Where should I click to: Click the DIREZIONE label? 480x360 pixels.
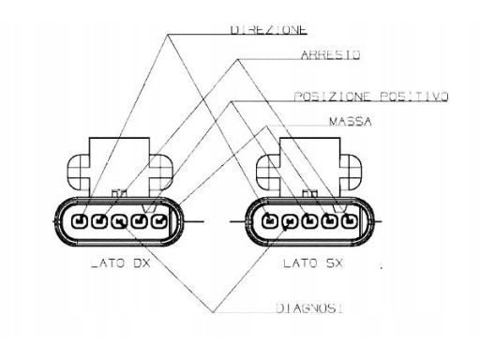[268, 29]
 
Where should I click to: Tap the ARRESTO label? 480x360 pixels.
[330, 55]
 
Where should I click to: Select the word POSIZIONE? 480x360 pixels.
[333, 97]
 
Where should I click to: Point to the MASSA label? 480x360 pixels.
[351, 122]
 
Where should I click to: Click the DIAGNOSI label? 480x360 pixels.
[309, 308]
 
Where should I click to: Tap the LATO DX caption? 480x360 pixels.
[120, 263]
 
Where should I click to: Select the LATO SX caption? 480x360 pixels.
[313, 263]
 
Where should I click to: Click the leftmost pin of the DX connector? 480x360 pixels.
[80, 221]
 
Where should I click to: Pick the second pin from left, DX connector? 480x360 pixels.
[99, 221]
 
